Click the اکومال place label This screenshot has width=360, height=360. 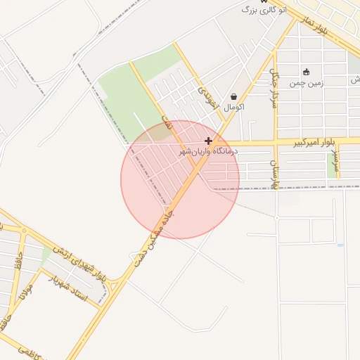click(233, 108)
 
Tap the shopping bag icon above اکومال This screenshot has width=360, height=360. click(233, 97)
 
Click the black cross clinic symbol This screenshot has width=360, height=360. click(208, 141)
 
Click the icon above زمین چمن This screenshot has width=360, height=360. click(306, 72)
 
